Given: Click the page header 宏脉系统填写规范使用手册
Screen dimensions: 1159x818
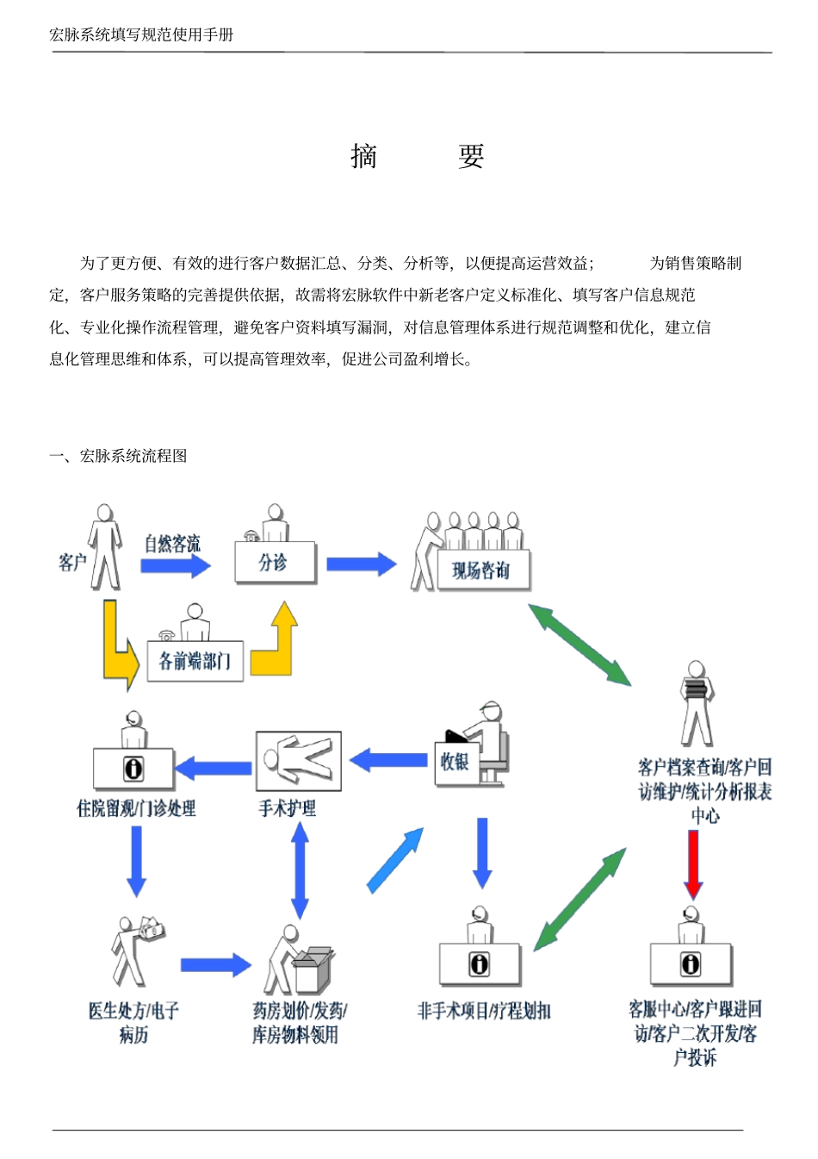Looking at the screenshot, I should pos(141,34).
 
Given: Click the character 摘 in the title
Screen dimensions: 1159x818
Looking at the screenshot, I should pos(364,156).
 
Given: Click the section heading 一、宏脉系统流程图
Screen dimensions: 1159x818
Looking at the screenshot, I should pos(118,456).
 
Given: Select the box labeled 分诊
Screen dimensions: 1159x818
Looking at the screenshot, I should pos(275,563).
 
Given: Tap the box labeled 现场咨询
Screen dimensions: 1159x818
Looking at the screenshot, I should pos(480,570).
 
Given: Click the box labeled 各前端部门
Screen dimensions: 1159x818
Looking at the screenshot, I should pos(195,661).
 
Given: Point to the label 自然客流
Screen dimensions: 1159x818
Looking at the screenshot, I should pos(172,544).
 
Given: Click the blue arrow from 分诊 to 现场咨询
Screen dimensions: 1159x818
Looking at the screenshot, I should pos(361,564).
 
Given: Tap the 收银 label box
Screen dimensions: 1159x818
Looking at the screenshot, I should pos(455,762).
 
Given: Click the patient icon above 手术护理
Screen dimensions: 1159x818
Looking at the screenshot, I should pos(298,761).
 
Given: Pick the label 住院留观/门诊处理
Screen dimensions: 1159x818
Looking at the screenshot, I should pos(136,808).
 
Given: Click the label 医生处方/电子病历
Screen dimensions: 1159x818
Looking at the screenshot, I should pos(133,1022).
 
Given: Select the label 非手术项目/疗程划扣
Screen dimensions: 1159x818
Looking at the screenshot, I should pos(483,1011).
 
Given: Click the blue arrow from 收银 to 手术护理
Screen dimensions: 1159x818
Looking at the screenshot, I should pos(388,760).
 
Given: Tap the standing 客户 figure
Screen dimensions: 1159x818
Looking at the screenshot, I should pos(104,548).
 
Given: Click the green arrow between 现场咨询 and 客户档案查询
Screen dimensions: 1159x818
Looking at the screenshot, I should pos(579,645).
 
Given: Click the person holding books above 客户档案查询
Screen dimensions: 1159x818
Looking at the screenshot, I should pos(696,702).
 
